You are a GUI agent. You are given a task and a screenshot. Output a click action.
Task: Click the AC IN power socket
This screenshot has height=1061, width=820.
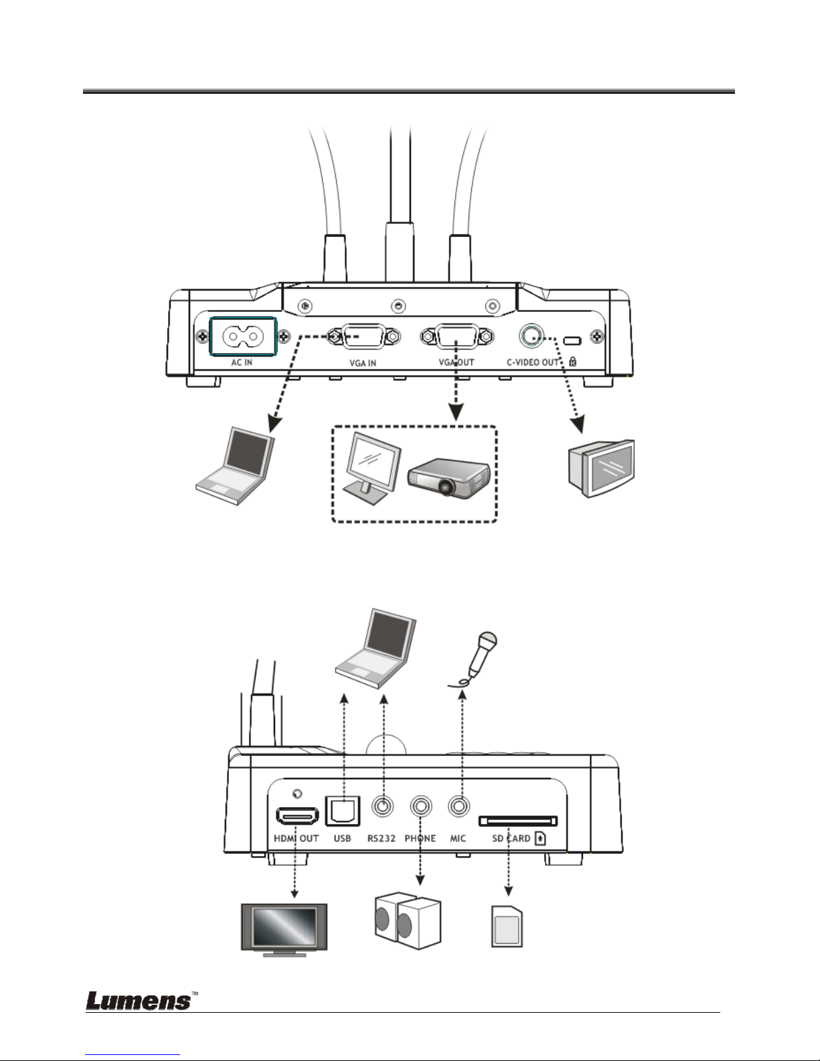click(243, 337)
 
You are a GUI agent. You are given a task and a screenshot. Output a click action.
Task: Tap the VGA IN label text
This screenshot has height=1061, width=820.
click(363, 363)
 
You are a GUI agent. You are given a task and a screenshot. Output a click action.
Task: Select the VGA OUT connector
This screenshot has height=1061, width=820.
click(457, 337)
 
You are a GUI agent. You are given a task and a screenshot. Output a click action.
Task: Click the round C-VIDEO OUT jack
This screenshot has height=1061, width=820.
click(531, 336)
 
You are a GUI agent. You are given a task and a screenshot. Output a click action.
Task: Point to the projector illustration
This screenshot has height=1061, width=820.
click(448, 477)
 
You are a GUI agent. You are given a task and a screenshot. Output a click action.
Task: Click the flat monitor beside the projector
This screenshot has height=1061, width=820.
click(372, 469)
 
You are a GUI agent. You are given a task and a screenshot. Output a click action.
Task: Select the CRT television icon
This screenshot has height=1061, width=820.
click(601, 469)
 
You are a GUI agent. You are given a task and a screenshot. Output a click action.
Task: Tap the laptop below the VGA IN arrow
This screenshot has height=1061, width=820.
click(235, 467)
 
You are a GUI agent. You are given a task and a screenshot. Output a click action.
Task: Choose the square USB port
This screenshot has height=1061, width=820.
click(342, 811)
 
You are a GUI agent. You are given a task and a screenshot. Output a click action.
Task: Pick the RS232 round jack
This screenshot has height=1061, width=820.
click(383, 806)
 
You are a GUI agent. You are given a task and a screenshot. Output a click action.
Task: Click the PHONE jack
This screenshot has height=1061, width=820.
click(421, 806)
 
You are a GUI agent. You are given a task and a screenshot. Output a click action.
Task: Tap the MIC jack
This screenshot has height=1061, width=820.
click(459, 806)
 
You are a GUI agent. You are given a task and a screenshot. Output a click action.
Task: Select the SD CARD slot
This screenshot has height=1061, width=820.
click(518, 821)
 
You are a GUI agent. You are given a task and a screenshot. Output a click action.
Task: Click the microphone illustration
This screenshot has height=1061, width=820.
click(473, 659)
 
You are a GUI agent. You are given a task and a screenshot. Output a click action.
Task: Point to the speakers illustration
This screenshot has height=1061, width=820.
click(408, 921)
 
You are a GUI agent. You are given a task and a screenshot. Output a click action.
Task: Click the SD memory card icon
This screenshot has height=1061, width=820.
click(507, 926)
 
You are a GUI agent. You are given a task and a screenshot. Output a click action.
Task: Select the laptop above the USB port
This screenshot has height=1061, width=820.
click(376, 649)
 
